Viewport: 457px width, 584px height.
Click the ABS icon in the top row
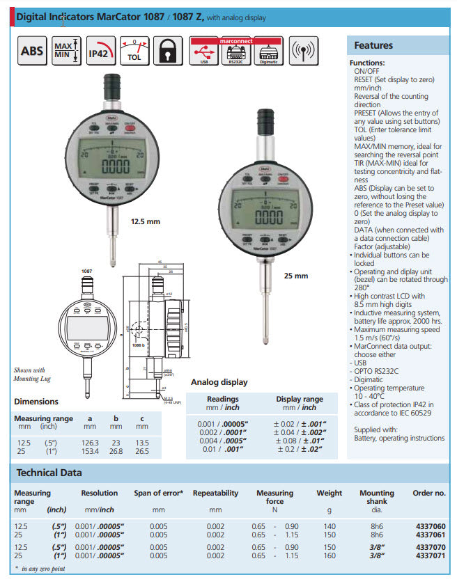(31, 52)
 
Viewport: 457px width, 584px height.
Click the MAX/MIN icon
(67, 52)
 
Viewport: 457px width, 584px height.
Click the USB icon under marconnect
(203, 54)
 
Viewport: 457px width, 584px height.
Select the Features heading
(373, 45)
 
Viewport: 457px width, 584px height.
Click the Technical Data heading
(49, 473)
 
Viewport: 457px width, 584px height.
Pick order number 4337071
(429, 555)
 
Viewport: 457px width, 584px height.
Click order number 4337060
(429, 526)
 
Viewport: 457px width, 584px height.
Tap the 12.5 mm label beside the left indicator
(146, 221)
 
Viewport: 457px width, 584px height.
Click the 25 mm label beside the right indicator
(295, 276)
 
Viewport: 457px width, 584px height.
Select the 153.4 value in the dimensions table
(90, 450)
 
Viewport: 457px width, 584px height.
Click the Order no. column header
(429, 493)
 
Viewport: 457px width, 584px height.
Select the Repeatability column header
(215, 493)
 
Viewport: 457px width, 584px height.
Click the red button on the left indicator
(130, 127)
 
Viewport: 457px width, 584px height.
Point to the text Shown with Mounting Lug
(29, 374)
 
